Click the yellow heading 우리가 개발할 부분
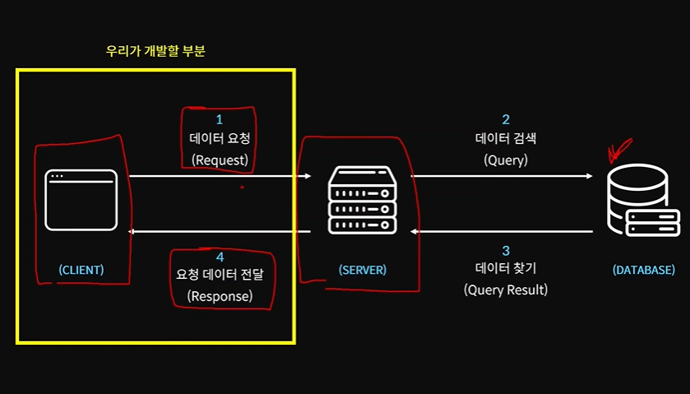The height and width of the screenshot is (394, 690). click(155, 51)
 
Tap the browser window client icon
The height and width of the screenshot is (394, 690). click(81, 200)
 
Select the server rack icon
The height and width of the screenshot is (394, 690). click(362, 200)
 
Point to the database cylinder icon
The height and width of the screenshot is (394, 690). click(643, 201)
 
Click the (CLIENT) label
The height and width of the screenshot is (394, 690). click(81, 270)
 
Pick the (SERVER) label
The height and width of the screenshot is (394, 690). click(363, 270)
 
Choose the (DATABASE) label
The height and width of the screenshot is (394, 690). click(644, 270)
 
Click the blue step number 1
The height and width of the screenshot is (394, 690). click(219, 120)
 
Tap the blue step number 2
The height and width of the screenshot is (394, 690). click(506, 120)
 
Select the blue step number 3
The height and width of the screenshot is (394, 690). click(506, 251)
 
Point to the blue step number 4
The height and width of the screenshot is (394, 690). click(220, 257)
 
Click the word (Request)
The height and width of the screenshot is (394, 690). click(220, 160)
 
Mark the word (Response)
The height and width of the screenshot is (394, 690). click(220, 296)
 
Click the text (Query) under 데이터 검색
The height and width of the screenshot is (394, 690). click(506, 160)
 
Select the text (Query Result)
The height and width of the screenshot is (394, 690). click(506, 290)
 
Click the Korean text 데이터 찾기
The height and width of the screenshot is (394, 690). click(506, 268)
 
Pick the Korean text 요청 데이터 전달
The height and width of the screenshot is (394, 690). click(220, 275)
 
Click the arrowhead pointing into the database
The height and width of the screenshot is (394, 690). click(589, 176)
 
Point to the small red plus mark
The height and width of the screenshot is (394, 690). click(242, 187)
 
